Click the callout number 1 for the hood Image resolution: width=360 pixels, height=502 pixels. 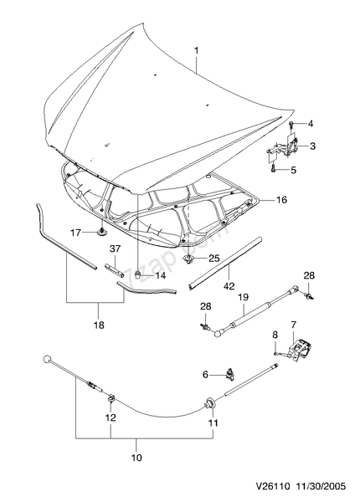pyautogui.click(x=197, y=50)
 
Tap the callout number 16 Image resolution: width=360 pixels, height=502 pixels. pyautogui.click(x=281, y=200)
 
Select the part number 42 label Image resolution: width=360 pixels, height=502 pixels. pyautogui.click(x=229, y=285)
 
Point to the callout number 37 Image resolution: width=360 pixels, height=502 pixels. pyautogui.click(x=115, y=248)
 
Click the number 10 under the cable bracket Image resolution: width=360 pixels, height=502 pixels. pyautogui.click(x=136, y=458)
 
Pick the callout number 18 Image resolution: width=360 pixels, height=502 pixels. pyautogui.click(x=100, y=325)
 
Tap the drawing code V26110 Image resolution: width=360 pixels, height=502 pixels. pyautogui.click(x=273, y=487)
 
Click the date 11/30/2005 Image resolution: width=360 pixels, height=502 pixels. pyautogui.click(x=321, y=487)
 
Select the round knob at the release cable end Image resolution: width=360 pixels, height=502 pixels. pyautogui.click(x=47, y=359)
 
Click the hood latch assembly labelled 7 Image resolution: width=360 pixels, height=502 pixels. pyautogui.click(x=300, y=349)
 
